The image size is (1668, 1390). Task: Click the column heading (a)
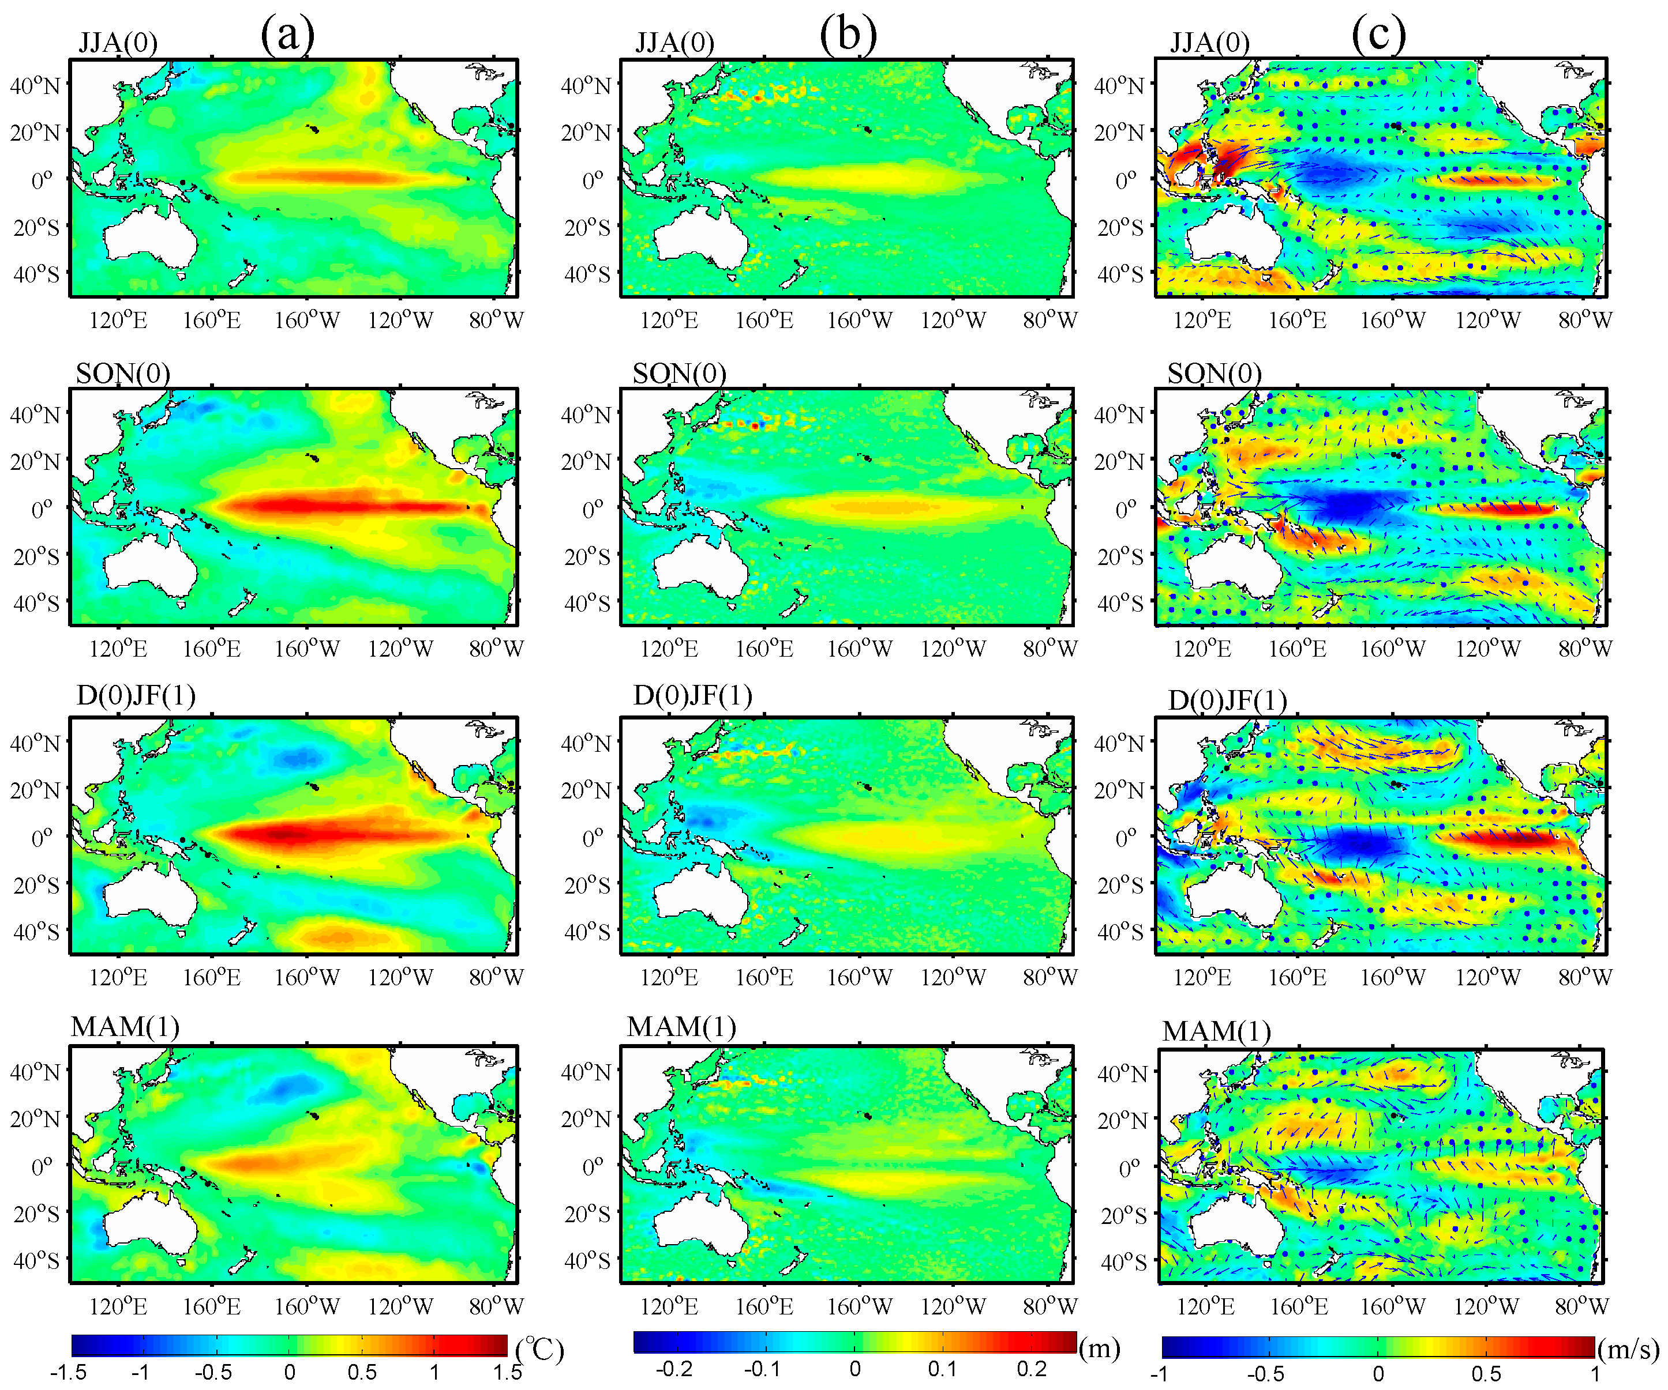pyautogui.click(x=287, y=35)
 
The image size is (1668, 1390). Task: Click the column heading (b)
pyautogui.click(x=848, y=35)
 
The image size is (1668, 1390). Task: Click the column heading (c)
pyautogui.click(x=1379, y=35)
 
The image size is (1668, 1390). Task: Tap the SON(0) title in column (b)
pyautogui.click(x=679, y=373)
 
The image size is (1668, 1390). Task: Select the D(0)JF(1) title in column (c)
pyautogui.click(x=1227, y=700)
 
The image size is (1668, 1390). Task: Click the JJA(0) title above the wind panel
pyautogui.click(x=1210, y=42)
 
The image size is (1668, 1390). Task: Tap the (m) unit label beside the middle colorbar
pyautogui.click(x=1099, y=1347)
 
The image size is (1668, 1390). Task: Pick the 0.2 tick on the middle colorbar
pyautogui.click(x=1031, y=1369)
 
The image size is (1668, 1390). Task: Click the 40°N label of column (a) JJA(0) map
pyautogui.click(x=35, y=85)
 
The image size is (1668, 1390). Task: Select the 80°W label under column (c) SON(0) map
pyautogui.click(x=1584, y=649)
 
